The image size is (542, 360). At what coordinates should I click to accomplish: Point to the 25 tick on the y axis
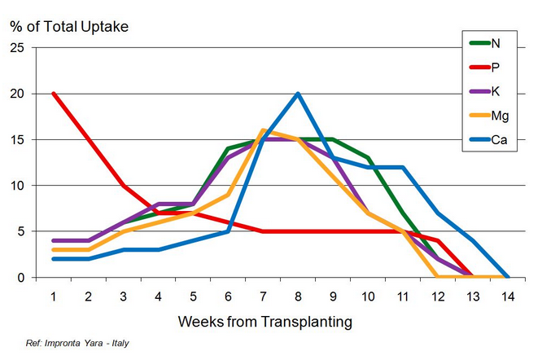click(x=17, y=47)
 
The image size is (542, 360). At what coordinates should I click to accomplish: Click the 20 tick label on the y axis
click(x=17, y=94)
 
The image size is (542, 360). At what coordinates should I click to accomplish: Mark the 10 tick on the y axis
click(x=17, y=186)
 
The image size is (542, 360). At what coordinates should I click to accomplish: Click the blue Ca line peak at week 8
click(x=298, y=94)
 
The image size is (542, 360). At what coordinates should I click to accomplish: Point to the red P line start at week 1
click(x=53, y=94)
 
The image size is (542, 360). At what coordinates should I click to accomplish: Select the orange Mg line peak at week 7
click(x=263, y=130)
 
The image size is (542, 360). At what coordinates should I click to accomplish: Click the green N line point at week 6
click(x=228, y=149)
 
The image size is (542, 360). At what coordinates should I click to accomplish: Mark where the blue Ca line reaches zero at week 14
click(x=508, y=277)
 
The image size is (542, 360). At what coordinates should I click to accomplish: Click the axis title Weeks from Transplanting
click(x=265, y=321)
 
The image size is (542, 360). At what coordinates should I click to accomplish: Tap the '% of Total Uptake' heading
click(x=69, y=25)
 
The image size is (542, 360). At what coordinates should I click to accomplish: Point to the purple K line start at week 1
click(x=53, y=240)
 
